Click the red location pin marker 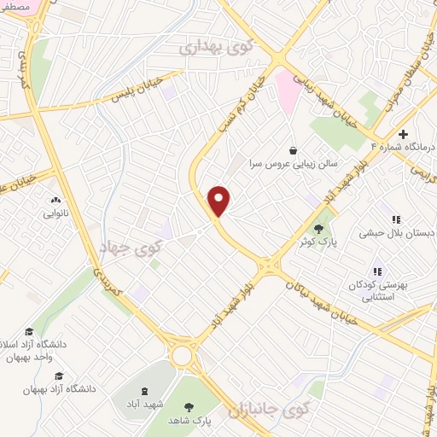tap(220, 200)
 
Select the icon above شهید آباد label tap(156, 389)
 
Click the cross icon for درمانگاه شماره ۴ tap(403, 133)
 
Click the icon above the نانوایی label tap(48, 201)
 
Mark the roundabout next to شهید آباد tap(182, 355)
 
